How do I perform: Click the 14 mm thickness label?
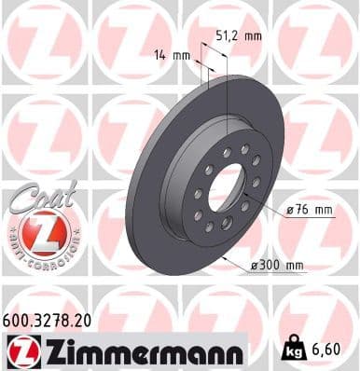pyautogui.click(x=173, y=56)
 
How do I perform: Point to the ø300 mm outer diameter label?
pyautogui.click(x=278, y=266)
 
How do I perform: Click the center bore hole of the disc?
pyautogui.click(x=225, y=193)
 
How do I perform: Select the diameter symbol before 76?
pyautogui.click(x=290, y=211)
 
